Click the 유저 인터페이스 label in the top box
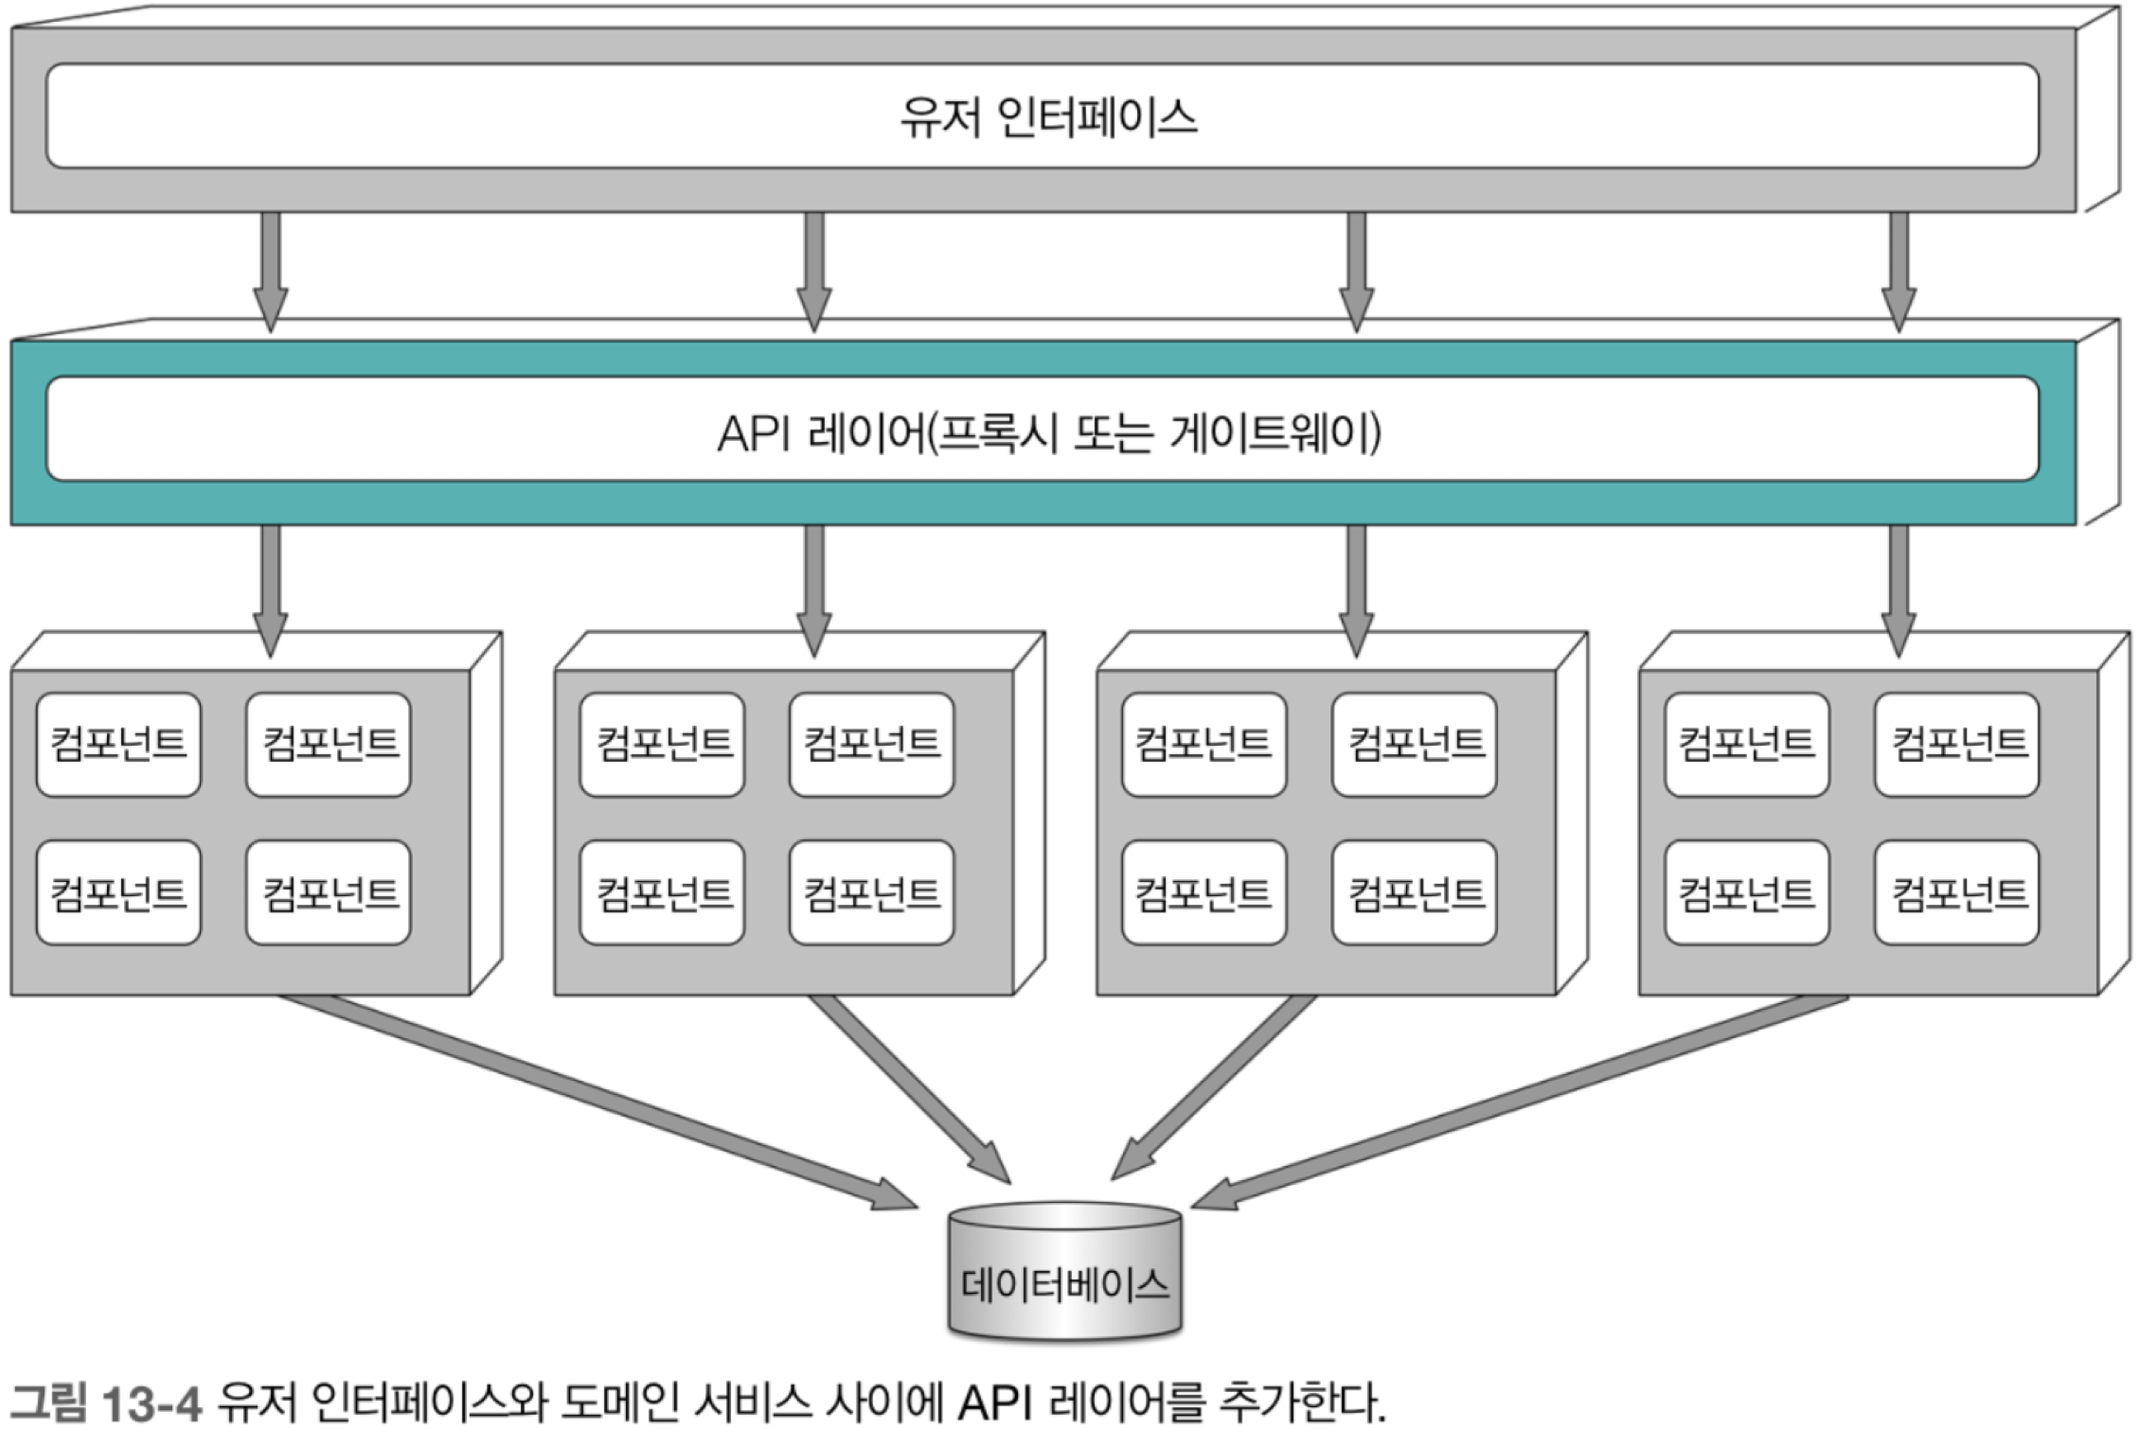pos(1048,117)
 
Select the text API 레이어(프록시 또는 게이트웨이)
pos(1049,432)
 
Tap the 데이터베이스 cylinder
pos(1065,1271)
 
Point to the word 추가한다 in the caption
pos(1303,1402)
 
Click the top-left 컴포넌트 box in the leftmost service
pos(118,745)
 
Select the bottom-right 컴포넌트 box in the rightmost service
pos(1956,892)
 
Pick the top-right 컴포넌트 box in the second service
pos(871,745)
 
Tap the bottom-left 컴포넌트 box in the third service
pos(1204,892)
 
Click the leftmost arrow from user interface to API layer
pos(271,273)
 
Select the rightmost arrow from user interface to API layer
pos(1899,273)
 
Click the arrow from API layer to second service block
pos(813,591)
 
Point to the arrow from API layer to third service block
pos(1356,591)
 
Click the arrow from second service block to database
pos(911,1088)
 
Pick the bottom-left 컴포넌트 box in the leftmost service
pos(118,892)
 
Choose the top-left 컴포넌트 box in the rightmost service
pos(1747,745)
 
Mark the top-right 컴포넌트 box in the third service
pos(1414,745)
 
